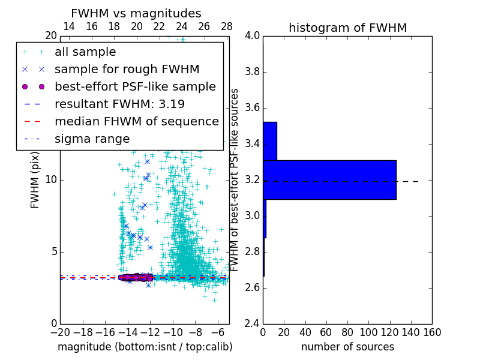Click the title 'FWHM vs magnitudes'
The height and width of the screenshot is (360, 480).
(x=136, y=13)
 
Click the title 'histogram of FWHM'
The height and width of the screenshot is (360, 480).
(x=347, y=28)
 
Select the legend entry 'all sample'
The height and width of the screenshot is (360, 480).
(x=85, y=52)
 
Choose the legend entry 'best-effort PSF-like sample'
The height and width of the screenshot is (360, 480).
(x=135, y=86)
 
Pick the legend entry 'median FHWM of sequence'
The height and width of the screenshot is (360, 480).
(x=136, y=121)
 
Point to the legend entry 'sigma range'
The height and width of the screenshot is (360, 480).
(x=92, y=139)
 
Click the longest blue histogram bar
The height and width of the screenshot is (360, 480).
(x=329, y=179)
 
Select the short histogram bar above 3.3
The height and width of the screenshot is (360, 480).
(x=270, y=141)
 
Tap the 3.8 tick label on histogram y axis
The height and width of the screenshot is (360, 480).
(x=251, y=72)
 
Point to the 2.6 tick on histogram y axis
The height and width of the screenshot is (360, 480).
(x=251, y=287)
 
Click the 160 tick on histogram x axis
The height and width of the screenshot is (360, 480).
(x=432, y=332)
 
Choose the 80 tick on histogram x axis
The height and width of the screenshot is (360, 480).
(x=347, y=332)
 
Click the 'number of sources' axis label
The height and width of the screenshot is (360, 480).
(x=347, y=347)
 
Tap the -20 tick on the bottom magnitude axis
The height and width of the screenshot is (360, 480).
(x=60, y=332)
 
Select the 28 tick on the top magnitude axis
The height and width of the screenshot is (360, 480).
(x=227, y=26)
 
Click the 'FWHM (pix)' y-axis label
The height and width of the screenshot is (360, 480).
(x=35, y=179)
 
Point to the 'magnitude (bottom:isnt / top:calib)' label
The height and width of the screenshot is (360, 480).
(x=145, y=347)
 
